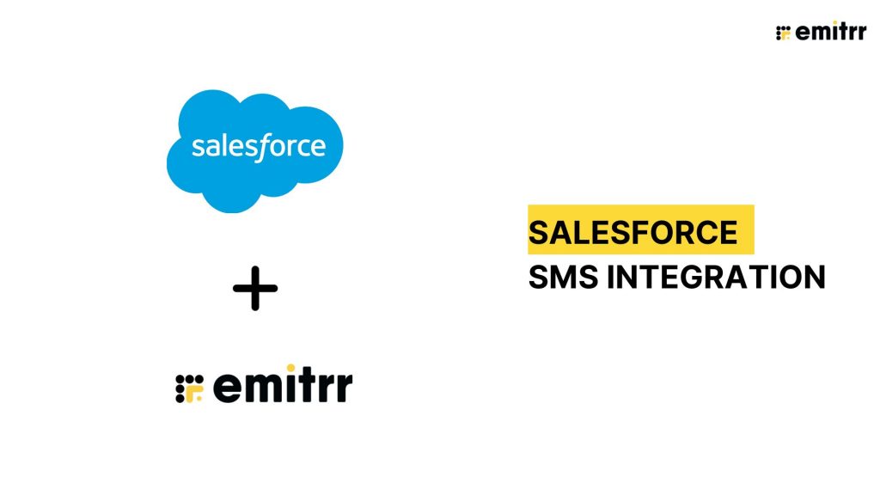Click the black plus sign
pyautogui.click(x=255, y=289)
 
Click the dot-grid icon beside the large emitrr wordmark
pyautogui.click(x=188, y=389)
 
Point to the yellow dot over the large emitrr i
pyautogui.click(x=290, y=368)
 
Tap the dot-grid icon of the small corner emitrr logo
pyautogui.click(x=783, y=34)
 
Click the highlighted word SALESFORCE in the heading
pyautogui.click(x=632, y=233)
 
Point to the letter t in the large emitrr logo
pyautogui.click(x=308, y=388)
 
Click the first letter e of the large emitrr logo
pyautogui.click(x=226, y=389)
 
